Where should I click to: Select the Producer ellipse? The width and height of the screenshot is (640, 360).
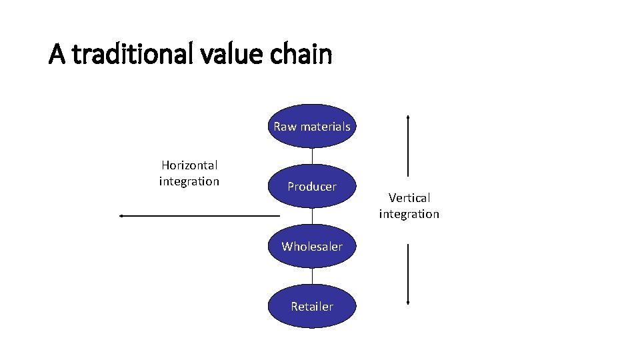point(312,187)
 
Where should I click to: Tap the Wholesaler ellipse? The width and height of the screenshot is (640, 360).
point(312,246)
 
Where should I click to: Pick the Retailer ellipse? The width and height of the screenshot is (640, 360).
point(312,306)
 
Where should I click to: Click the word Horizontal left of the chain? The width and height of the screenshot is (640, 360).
point(189,165)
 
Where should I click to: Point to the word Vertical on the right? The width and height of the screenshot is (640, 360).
point(409,197)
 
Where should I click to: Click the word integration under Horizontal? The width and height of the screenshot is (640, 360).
point(189,181)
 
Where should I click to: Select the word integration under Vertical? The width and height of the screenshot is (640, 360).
point(409,214)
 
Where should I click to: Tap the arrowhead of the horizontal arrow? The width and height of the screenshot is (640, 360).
point(122,216)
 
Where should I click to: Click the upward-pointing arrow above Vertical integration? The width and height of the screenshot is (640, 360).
point(408,147)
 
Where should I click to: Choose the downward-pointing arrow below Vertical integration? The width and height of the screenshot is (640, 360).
point(408,273)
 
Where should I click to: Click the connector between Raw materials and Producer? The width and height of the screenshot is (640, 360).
point(312,155)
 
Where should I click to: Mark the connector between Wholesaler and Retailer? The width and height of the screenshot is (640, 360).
point(312,275)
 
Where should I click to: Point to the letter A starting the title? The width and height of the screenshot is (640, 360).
point(57,55)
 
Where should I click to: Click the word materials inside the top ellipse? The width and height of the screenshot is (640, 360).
point(325,127)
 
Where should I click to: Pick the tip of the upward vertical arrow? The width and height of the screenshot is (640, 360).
point(408,117)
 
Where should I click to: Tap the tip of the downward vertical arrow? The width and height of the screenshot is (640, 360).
point(408,303)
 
